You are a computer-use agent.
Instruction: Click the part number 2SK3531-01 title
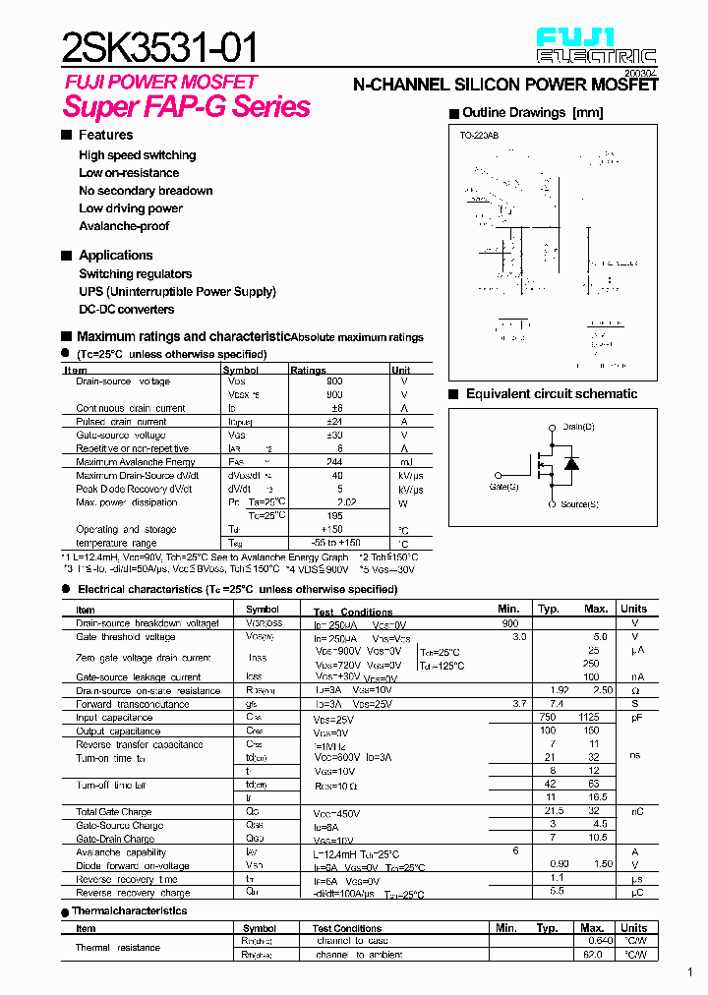161,47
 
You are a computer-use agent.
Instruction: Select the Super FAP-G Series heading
187,107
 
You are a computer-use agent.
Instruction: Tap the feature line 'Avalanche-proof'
124,226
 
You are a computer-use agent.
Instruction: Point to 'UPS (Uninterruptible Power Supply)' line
177,292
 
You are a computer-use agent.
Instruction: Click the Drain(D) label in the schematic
578,427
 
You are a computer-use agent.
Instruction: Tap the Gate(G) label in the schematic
503,486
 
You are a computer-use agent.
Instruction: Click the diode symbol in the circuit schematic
570,464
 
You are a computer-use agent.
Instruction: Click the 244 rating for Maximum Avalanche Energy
333,462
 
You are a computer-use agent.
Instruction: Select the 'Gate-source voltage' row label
121,435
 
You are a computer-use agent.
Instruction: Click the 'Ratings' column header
308,371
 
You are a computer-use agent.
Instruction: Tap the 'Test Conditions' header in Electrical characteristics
352,612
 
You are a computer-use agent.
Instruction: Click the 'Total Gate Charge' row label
114,812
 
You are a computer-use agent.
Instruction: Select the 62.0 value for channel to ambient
591,955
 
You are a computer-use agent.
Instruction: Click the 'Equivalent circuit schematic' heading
551,394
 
